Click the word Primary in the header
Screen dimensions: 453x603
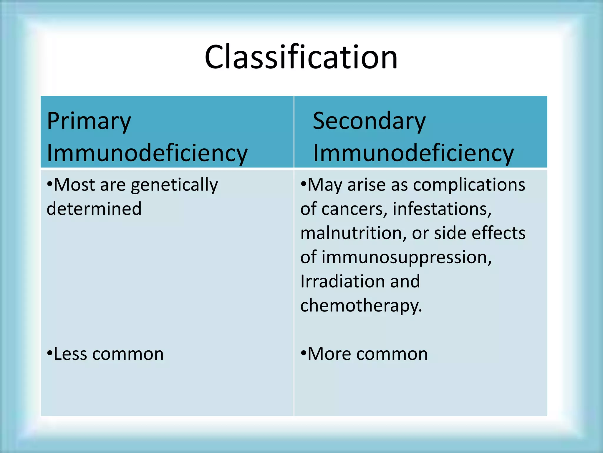tap(89, 122)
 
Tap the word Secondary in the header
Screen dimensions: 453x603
tap(369, 122)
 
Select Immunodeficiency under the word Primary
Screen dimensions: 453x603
tap(147, 153)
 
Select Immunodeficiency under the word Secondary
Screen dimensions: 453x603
tap(413, 153)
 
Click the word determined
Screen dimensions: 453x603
tap(94, 209)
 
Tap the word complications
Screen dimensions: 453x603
tap(469, 185)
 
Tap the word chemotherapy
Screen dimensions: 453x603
tap(361, 306)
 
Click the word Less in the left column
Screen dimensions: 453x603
tap(71, 354)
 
